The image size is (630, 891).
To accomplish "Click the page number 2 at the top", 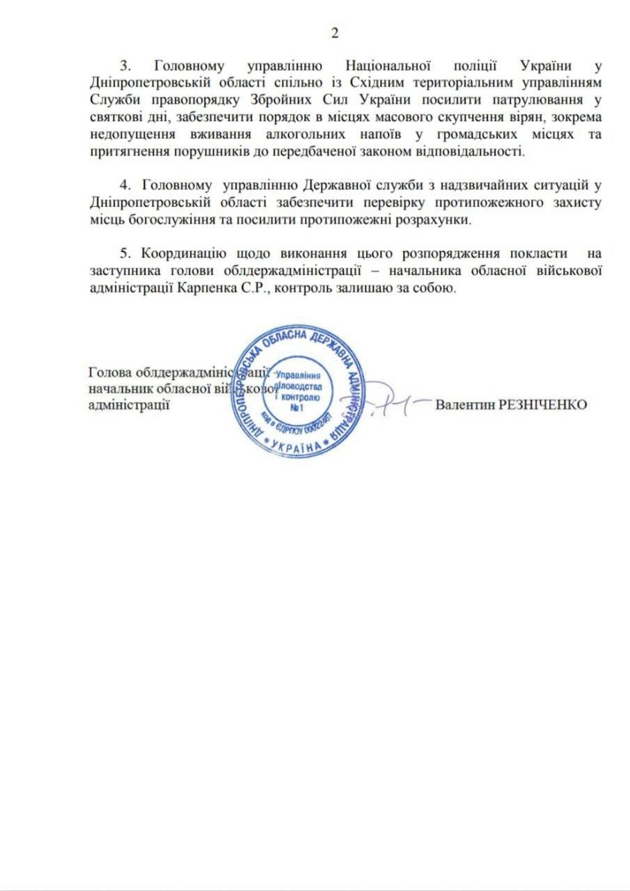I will click(334, 33).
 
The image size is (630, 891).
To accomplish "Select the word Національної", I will click(385, 66).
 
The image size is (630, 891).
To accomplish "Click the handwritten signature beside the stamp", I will click(390, 402).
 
